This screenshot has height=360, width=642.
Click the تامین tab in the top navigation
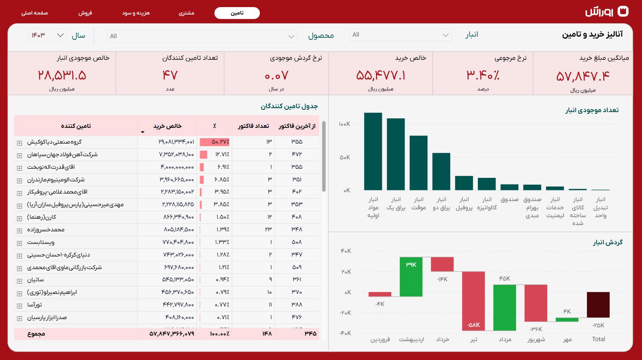click(237, 13)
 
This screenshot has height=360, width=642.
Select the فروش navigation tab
click(85, 13)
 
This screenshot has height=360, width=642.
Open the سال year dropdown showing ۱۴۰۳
click(48, 35)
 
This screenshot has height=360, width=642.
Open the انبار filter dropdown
click(400, 35)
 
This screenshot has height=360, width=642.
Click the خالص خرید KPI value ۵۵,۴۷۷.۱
click(380, 75)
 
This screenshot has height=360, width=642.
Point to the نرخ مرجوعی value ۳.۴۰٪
click(483, 75)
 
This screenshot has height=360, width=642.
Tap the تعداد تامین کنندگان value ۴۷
click(170, 75)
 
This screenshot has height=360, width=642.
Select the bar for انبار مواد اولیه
click(373, 151)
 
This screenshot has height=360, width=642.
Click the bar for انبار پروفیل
click(464, 183)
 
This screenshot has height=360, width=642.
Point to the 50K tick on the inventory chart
click(344, 157)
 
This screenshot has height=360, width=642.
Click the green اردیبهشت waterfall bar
click(411, 277)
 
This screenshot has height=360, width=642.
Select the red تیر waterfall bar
click(473, 301)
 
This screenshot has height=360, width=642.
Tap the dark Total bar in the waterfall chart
click(598, 305)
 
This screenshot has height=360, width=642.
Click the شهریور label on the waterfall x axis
click(536, 339)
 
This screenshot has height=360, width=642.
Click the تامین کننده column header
click(76, 126)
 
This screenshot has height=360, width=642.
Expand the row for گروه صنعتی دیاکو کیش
click(19, 143)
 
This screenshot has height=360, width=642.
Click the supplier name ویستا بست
click(41, 242)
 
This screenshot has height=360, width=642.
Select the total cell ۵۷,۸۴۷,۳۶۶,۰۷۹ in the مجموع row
click(172, 334)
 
